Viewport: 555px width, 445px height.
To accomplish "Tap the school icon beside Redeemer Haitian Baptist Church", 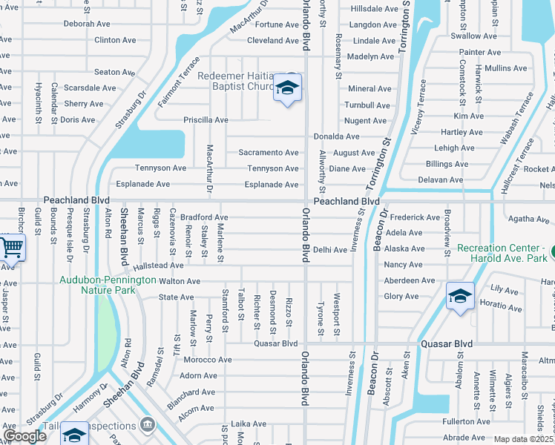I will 286,88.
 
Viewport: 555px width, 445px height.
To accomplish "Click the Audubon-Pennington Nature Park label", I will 109,285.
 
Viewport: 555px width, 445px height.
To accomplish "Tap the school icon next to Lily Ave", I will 460,296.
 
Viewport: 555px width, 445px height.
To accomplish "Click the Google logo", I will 25,436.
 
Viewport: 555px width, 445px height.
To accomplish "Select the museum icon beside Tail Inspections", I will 148,425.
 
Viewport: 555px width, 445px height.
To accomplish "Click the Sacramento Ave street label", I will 269,152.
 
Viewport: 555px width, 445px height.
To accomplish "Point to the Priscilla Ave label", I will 206,119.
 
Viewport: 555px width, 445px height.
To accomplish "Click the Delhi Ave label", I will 330,250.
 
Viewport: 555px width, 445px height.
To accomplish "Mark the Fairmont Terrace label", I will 178,82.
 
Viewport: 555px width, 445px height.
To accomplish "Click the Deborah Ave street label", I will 87,24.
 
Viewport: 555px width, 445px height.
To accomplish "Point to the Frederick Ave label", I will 415,217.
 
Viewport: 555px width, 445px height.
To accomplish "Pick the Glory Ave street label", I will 401,296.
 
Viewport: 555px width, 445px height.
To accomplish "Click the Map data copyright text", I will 523,439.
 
